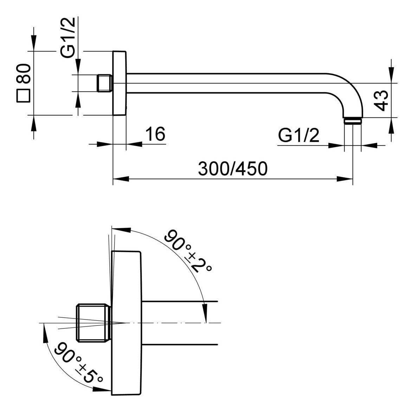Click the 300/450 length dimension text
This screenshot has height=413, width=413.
click(233, 169)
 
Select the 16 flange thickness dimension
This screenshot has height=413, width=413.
click(155, 134)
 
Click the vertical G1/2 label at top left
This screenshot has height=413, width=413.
click(68, 37)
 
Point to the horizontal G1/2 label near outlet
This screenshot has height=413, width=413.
click(299, 136)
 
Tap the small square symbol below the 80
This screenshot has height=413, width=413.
click(23, 96)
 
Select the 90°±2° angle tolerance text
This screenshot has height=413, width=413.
click(188, 252)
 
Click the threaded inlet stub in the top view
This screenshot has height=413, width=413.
click(105, 84)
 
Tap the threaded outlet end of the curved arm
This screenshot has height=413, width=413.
click(353, 121)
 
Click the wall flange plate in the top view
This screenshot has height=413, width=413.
click(120, 83)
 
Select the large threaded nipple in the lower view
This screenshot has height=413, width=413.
click(93, 323)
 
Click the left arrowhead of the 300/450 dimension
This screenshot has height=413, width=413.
click(121, 179)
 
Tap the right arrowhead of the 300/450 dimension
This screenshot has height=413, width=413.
click(345, 179)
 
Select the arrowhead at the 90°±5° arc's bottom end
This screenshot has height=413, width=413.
click(102, 389)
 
